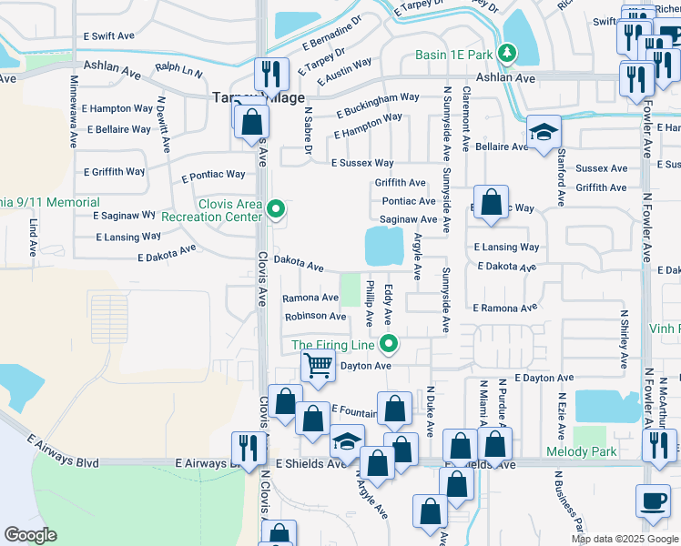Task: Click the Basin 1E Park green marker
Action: click(x=504, y=55)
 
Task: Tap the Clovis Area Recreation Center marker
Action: click(x=276, y=210)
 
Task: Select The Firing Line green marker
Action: click(x=389, y=344)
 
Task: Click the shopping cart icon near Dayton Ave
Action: click(x=318, y=365)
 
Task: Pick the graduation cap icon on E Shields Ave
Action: click(x=346, y=440)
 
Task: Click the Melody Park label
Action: click(x=581, y=452)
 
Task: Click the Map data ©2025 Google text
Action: click(x=624, y=539)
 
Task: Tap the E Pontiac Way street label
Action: click(x=213, y=176)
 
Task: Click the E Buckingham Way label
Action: click(x=377, y=105)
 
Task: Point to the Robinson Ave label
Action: click(x=315, y=317)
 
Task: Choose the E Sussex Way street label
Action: click(x=361, y=163)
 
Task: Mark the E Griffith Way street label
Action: click(x=114, y=171)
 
